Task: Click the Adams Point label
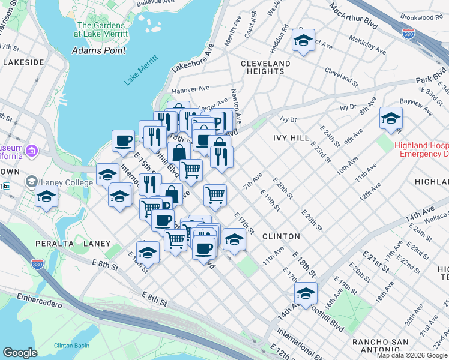tap(98, 50)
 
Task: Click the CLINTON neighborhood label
tap(281, 236)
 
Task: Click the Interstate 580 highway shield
tap(408, 33)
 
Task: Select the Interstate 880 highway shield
tap(37, 265)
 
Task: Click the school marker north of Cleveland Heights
tap(303, 41)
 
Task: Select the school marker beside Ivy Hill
tap(391, 118)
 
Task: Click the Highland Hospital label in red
tap(421, 150)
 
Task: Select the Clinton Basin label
tap(71, 329)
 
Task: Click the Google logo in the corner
tap(20, 352)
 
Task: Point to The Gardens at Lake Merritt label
tap(100, 30)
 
